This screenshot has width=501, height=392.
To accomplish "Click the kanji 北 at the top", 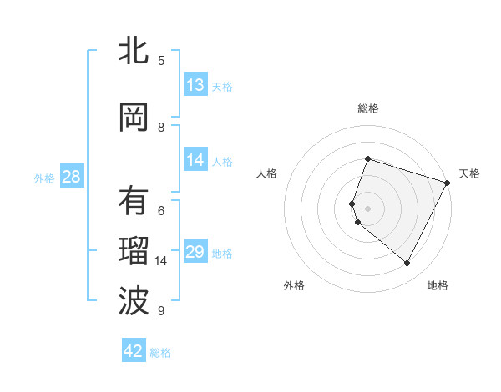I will [x=133, y=52].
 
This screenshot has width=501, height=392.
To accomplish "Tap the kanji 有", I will [x=133, y=201].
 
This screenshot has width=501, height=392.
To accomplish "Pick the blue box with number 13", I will [x=195, y=85].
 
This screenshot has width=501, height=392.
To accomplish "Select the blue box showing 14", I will [x=195, y=161].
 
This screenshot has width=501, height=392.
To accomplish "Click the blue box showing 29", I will [x=195, y=252].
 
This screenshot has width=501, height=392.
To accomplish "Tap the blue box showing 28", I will [x=71, y=177].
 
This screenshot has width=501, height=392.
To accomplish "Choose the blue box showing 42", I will [x=134, y=351].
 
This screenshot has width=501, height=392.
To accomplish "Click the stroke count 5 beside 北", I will [x=161, y=61].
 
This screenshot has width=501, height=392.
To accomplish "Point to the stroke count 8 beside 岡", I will [x=161, y=127].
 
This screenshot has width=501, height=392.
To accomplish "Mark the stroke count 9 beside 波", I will [x=161, y=311].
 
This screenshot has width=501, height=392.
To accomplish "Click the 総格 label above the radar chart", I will [x=367, y=108].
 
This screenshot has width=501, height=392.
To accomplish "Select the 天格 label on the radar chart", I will [x=469, y=173].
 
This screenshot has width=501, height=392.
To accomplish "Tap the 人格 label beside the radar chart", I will [x=267, y=173].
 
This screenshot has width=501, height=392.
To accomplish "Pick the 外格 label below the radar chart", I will [x=294, y=286].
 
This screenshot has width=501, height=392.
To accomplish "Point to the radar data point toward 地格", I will [x=407, y=264].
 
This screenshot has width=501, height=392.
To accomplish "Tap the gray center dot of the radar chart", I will [x=367, y=209].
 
